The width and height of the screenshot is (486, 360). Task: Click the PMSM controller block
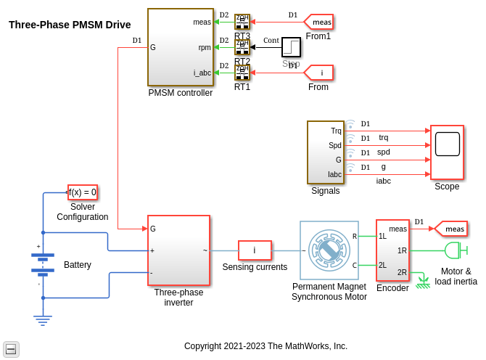pyautogui.click(x=181, y=47)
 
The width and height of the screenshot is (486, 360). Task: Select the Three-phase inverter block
pyautogui.click(x=178, y=250)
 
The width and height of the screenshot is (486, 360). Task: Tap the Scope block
pyautogui.click(x=447, y=152)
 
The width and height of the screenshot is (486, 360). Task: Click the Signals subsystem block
pyautogui.click(x=325, y=152)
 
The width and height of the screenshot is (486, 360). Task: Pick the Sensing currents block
pyautogui.click(x=255, y=250)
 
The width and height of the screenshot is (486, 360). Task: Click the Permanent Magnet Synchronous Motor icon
pyautogui.click(x=329, y=250)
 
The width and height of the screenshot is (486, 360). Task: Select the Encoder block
pyautogui.click(x=392, y=250)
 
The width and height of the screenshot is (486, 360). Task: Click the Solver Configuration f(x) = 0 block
pyautogui.click(x=83, y=192)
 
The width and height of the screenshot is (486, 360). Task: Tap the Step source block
pyautogui.click(x=291, y=47)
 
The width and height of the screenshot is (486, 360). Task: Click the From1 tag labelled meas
pyautogui.click(x=319, y=22)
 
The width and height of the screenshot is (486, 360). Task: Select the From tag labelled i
pyautogui.click(x=319, y=73)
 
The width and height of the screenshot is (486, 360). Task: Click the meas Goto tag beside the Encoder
pyautogui.click(x=451, y=229)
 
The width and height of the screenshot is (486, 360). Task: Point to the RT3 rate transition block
pyautogui.click(x=242, y=22)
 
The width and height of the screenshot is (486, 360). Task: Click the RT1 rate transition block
pyautogui.click(x=242, y=73)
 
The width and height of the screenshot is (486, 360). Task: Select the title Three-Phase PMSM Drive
pyautogui.click(x=70, y=25)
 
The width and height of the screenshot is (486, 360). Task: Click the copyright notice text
pyautogui.click(x=265, y=346)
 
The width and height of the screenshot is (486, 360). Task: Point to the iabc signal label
pyautogui.click(x=384, y=181)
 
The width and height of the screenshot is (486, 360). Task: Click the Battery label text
pyautogui.click(x=78, y=265)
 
